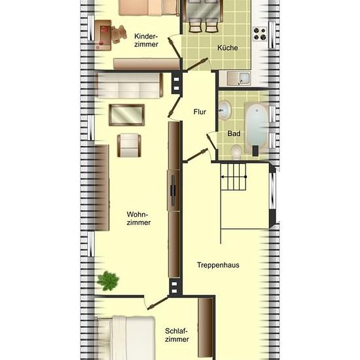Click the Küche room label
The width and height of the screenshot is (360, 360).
[x=228, y=48]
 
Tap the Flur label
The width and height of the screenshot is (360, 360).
[x=200, y=112]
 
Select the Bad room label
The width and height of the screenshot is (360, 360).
[x=234, y=134]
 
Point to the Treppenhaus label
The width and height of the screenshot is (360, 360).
[x=218, y=265]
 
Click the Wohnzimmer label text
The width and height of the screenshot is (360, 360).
[x=139, y=219]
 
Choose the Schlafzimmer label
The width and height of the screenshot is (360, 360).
[x=177, y=335]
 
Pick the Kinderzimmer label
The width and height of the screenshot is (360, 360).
[x=146, y=40]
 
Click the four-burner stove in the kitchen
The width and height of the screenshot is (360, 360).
[x=260, y=34]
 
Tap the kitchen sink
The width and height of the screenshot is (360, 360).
[x=239, y=79]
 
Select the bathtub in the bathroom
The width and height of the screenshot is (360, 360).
[x=257, y=128]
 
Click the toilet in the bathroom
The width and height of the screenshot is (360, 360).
[x=236, y=152]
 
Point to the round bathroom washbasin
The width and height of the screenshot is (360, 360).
[x=225, y=110]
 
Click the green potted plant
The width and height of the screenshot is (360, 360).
[x=108, y=281]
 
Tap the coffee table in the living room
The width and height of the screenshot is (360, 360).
[x=127, y=115]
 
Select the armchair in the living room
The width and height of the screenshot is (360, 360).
[x=129, y=145]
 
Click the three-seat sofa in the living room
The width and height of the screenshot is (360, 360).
[x=129, y=85]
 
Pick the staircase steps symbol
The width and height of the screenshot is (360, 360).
[x=233, y=177]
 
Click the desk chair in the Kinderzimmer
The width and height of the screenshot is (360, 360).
[x=119, y=34]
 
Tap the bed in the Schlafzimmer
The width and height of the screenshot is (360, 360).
[x=125, y=338]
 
